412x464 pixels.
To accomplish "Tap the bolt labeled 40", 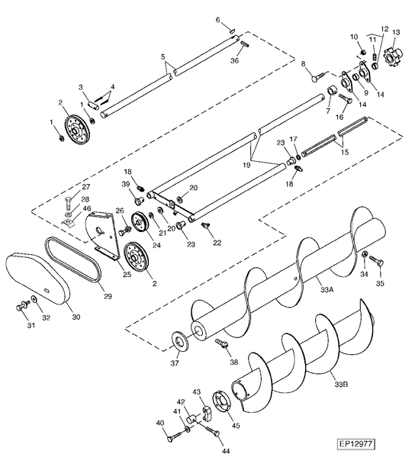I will coord(169,437).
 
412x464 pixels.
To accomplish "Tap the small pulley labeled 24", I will coord(139,223).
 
